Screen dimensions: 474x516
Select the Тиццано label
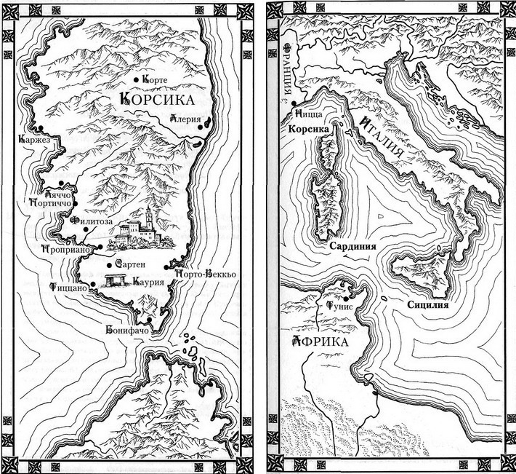tap(70, 288)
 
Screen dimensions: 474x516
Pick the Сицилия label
tap(427, 305)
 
